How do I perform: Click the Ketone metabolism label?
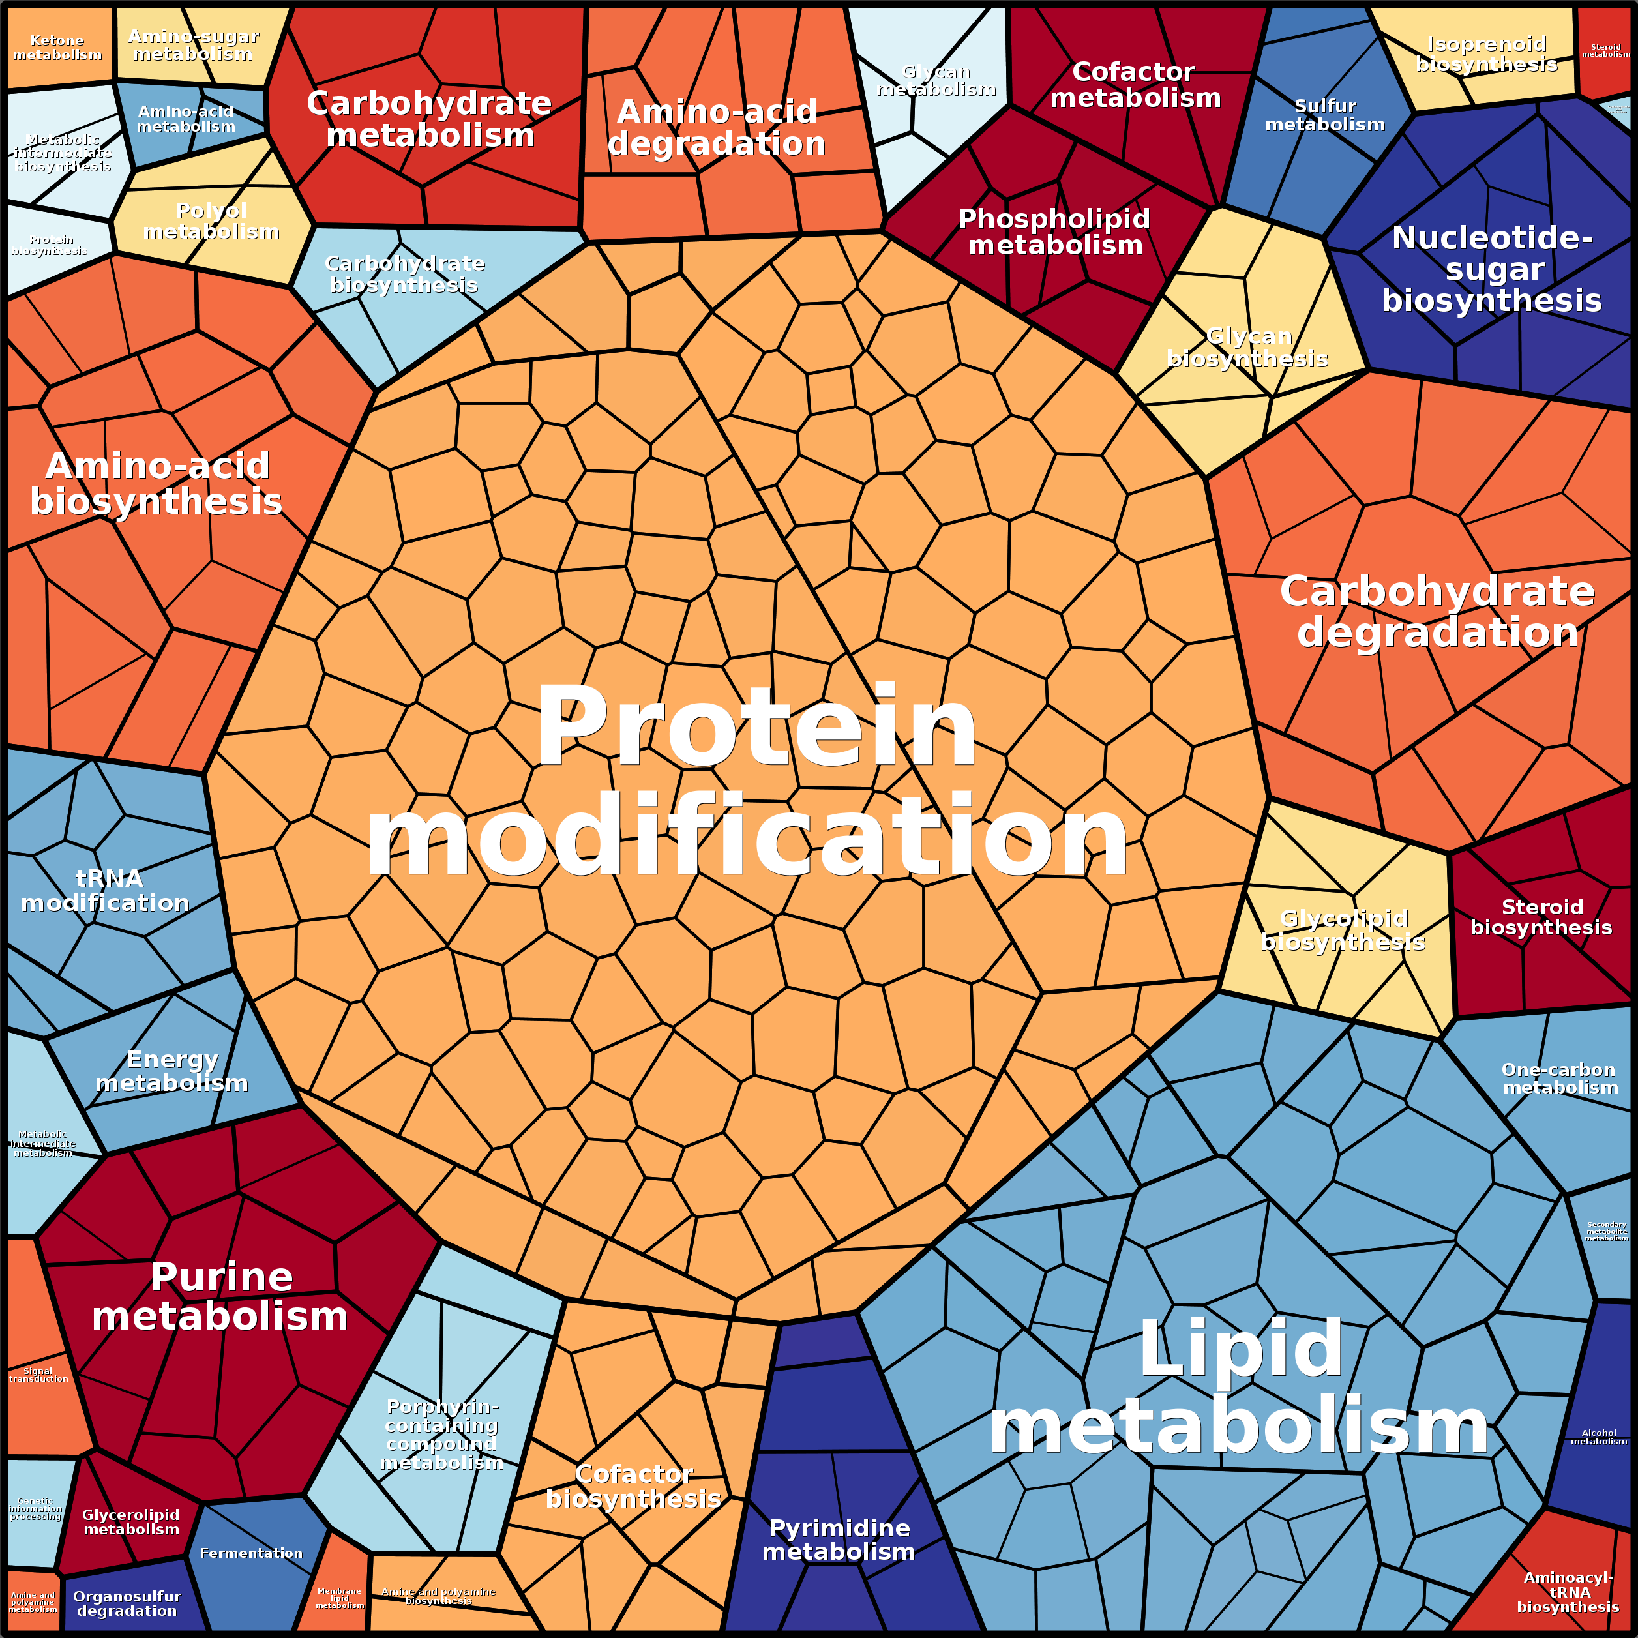pos(57,48)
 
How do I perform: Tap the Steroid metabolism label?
pos(1605,51)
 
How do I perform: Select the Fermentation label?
pos(251,1553)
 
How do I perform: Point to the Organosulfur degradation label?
pos(127,1603)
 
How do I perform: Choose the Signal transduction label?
pos(38,1375)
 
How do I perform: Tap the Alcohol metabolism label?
pos(1598,1437)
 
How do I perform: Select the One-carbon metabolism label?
pos(1559,1079)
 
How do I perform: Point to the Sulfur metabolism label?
pos(1324,115)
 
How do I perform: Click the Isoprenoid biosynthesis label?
pos(1486,53)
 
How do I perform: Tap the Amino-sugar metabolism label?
pos(193,45)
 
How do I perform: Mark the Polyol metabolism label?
pos(211,220)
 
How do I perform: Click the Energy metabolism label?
pos(171,1071)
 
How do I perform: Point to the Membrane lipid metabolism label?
pos(339,1598)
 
